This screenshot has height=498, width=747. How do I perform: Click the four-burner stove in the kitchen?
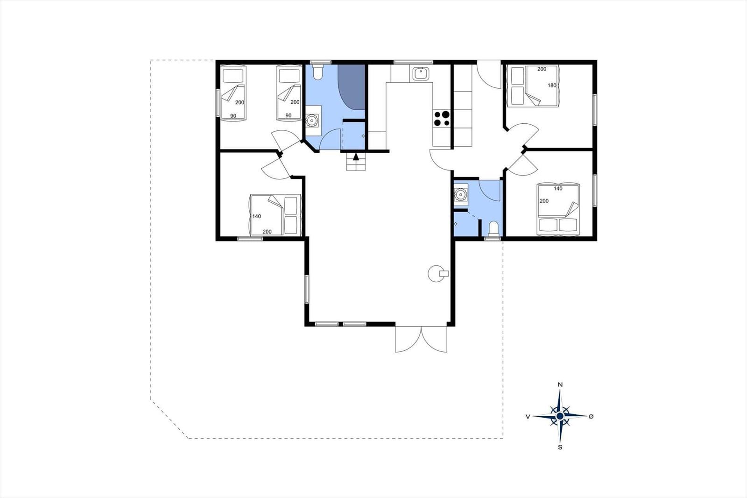coord(442,119)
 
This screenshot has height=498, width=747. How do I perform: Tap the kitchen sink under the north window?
coord(421,73)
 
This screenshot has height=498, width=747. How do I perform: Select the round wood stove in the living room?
coord(438,274)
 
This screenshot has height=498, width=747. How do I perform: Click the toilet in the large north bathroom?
coord(317,72)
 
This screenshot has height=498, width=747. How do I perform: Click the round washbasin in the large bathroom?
coord(312,120)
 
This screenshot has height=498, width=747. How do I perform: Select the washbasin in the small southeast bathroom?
coord(460,195)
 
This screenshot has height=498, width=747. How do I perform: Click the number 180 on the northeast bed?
coord(552,85)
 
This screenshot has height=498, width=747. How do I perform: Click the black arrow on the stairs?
coord(356,156)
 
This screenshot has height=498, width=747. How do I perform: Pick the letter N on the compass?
coord(560,384)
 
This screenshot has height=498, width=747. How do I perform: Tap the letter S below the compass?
coord(560,447)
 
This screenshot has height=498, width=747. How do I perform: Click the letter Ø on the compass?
coord(591,416)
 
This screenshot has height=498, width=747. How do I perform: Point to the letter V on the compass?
coord(528,417)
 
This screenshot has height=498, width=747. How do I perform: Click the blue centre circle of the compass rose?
coord(560,416)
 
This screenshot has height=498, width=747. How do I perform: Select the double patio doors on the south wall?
coord(421,339)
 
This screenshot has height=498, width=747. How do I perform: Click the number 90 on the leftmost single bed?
coord(233,116)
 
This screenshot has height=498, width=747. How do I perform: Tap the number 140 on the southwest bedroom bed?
coord(257,216)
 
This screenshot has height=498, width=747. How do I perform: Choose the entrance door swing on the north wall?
coord(489,74)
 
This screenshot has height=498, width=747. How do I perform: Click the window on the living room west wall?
coord(307,289)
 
